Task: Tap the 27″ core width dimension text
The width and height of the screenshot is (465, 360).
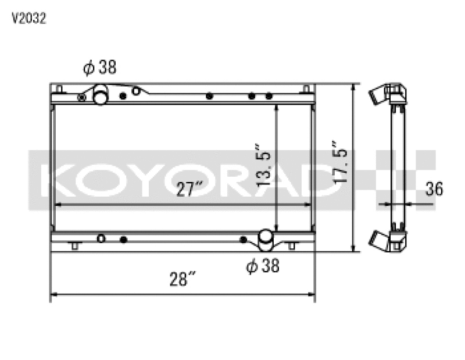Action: coord(189,189)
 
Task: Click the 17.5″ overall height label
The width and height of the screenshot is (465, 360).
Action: coord(339,162)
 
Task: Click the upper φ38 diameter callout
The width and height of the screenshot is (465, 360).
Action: coord(100,68)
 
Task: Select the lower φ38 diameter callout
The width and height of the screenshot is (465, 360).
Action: coord(263,266)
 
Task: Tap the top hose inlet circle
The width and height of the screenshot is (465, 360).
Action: coord(101,95)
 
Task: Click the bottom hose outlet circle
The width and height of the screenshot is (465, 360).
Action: coord(266,238)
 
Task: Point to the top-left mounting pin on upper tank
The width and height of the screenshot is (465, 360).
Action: coord(59,89)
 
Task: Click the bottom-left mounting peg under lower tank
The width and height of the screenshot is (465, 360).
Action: coord(74,245)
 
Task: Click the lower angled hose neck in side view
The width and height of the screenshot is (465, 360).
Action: coord(379,239)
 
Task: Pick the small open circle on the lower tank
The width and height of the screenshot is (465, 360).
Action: coord(101,238)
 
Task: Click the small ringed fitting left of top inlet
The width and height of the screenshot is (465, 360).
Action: coord(82,97)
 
